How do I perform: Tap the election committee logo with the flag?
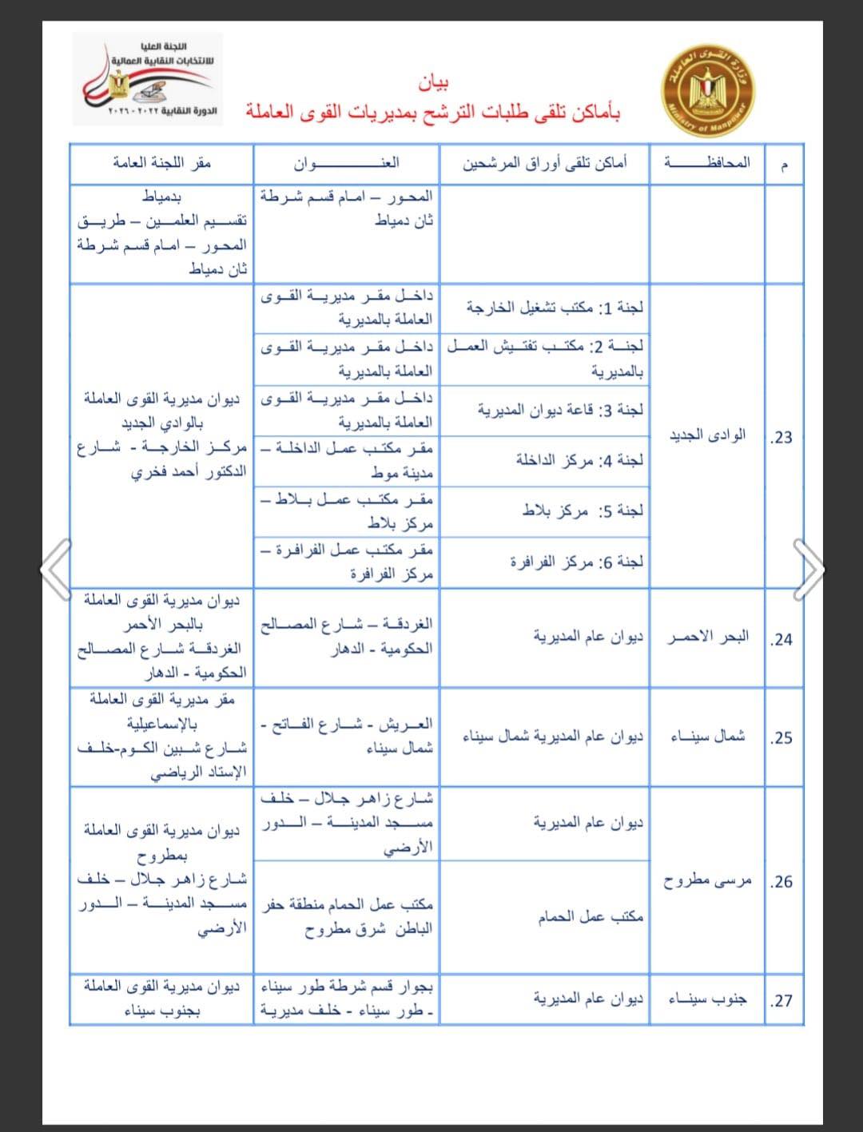(x=145, y=78)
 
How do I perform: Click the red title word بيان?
(x=433, y=82)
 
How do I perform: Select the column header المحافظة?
(x=706, y=163)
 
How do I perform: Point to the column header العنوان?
(x=346, y=163)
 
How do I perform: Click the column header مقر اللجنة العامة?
(x=161, y=163)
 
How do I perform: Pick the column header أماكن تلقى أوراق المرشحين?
(x=544, y=163)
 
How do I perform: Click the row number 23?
(x=781, y=437)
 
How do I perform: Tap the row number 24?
(x=781, y=639)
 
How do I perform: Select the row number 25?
(x=781, y=737)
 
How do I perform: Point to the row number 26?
(x=781, y=882)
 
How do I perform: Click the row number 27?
(x=781, y=1000)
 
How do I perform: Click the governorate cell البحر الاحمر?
(x=708, y=637)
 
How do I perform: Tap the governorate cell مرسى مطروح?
(x=707, y=881)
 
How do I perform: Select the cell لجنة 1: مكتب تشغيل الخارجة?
(x=555, y=308)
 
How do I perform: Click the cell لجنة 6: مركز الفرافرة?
(x=576, y=562)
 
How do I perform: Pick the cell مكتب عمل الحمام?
(x=590, y=917)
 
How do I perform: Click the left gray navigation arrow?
(x=57, y=568)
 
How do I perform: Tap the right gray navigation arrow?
(x=808, y=568)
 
